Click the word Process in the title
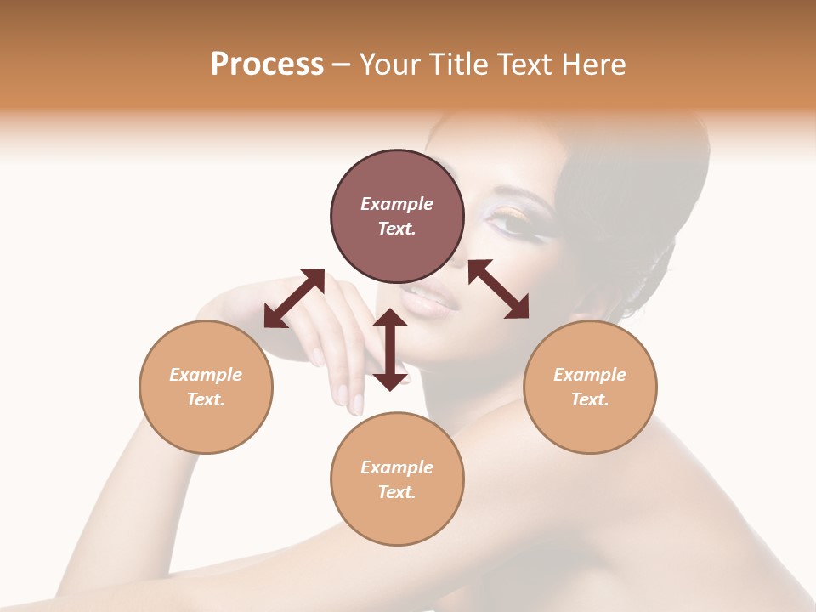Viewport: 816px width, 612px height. point(267,65)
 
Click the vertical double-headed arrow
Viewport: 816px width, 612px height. point(390,349)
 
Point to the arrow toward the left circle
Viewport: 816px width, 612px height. point(294,298)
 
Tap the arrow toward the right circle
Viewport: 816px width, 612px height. point(498,289)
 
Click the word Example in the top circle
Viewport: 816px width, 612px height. point(397,204)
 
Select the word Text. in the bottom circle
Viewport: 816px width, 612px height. point(397,492)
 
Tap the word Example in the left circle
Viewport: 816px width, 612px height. point(206,375)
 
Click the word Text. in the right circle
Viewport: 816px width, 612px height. point(590,399)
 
